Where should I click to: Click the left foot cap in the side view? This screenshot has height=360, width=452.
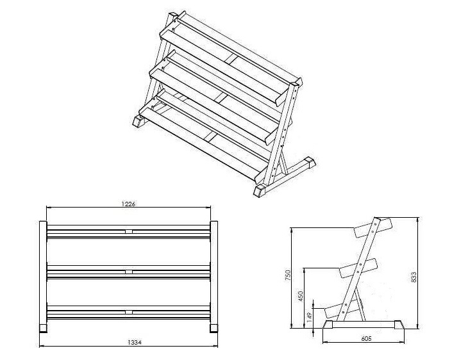pos(328,325)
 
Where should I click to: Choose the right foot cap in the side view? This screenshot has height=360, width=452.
pos(399,325)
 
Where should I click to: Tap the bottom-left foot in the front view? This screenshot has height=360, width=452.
pos(43,327)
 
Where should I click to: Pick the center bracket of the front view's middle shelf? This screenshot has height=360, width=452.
pos(129,272)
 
